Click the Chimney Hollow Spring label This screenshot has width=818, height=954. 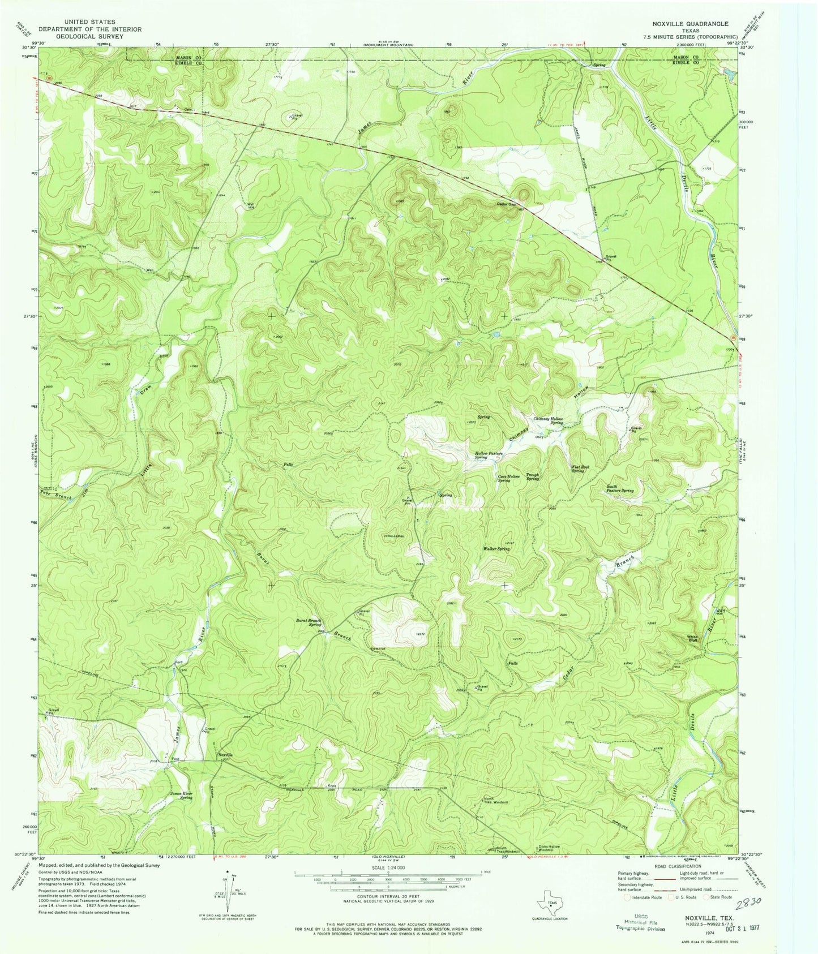549,420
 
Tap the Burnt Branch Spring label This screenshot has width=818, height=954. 309,622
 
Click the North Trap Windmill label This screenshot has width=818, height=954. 496,801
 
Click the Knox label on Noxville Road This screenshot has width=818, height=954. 332,786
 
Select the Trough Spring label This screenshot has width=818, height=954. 532,477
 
